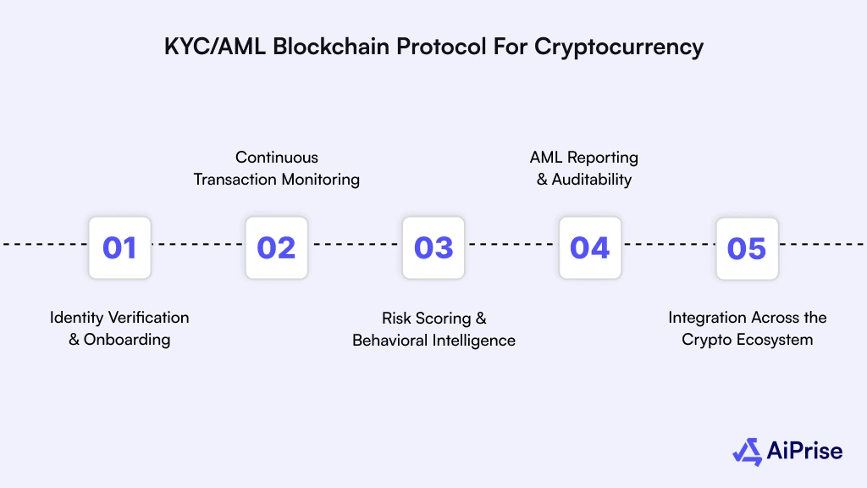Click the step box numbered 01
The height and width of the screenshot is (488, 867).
point(119,247)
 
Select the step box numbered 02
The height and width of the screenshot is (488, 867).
point(277,247)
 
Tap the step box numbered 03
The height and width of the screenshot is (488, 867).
point(433,247)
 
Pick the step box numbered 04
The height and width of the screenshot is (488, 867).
point(590,247)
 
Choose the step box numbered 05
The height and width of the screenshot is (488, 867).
point(747,247)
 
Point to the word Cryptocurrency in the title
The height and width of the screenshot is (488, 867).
point(618,47)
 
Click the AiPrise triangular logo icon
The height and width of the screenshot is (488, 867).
point(748,451)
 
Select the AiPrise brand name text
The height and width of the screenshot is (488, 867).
point(805,451)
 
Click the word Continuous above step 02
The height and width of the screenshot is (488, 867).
point(277,158)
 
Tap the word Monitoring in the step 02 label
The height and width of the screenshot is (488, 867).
point(320,180)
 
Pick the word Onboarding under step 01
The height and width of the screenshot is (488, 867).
point(127,340)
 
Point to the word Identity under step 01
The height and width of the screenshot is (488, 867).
point(75,318)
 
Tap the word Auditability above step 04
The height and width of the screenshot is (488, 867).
point(592,180)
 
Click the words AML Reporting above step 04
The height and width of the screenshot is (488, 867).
point(584,158)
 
